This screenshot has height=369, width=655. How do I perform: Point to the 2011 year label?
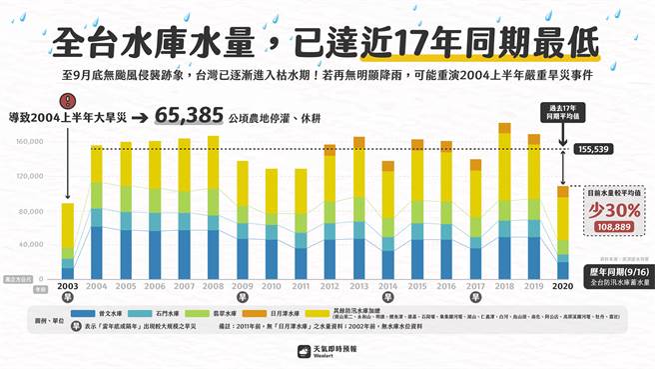301,287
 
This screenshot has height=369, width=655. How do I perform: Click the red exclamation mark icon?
67,101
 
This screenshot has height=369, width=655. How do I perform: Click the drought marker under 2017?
475,297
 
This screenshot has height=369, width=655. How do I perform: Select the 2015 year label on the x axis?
417,287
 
